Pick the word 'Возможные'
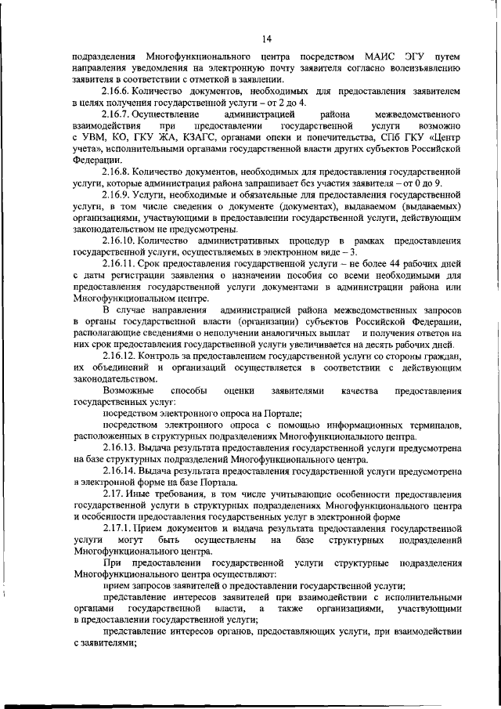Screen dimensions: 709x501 (128, 389)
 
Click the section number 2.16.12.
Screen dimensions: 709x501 (118, 356)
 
